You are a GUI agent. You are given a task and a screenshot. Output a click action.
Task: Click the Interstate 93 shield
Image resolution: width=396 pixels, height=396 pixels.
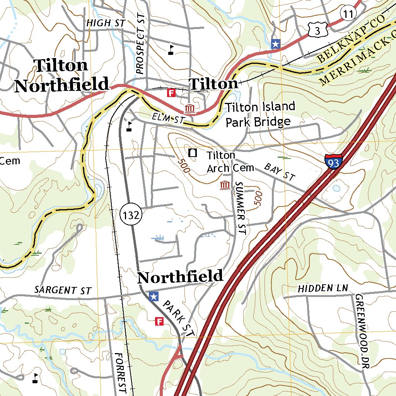[x=333, y=161]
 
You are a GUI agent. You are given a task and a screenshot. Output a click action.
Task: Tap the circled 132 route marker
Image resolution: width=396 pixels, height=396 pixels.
[x=131, y=215]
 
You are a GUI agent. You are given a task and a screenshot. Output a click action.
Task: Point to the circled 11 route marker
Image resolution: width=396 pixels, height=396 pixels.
[x=348, y=14]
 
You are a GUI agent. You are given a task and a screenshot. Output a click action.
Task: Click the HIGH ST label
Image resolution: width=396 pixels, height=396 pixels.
[x=106, y=23]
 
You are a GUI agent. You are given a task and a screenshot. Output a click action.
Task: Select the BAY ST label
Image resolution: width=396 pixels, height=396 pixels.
[x=279, y=172]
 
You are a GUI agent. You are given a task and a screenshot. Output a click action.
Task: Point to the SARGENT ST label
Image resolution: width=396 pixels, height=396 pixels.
[x=63, y=290]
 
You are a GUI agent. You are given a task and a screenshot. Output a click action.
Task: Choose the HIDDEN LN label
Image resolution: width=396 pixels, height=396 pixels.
[x=323, y=288]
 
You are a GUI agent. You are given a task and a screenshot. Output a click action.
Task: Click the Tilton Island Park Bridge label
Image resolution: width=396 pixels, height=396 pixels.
[x=260, y=114]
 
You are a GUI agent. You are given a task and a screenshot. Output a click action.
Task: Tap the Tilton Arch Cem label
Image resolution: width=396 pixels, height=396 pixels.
[x=230, y=162]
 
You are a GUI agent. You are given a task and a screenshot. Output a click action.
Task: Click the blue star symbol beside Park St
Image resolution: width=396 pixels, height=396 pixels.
[x=154, y=297]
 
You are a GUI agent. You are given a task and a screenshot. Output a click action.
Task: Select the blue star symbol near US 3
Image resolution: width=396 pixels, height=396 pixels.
[x=275, y=44]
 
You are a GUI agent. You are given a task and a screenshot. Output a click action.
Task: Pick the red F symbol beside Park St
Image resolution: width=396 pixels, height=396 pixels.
[x=159, y=321]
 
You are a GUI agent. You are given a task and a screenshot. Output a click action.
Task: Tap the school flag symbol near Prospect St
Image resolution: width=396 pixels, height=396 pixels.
[x=171, y=49]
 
